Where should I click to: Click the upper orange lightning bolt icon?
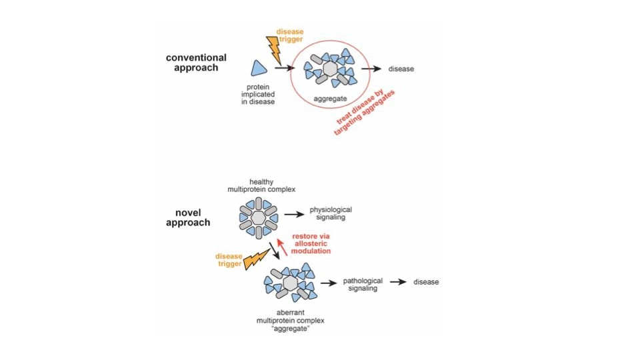click(273, 49)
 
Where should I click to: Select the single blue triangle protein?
click(259, 69)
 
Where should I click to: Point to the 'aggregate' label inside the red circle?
click(327, 99)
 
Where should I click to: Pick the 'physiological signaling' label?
click(331, 214)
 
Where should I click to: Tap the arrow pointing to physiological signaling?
click(293, 215)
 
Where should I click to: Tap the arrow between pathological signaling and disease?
click(398, 282)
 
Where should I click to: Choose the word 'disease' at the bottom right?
click(426, 282)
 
